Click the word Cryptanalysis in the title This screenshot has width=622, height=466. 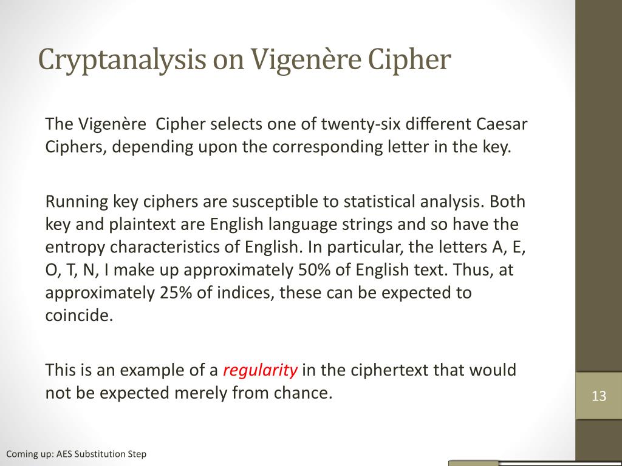pyautogui.click(x=122, y=60)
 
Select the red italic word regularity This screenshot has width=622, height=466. pyautogui.click(x=260, y=371)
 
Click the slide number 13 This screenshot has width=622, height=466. pyautogui.click(x=598, y=396)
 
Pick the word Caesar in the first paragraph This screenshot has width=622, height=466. pyautogui.click(x=502, y=124)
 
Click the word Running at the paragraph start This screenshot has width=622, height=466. pyautogui.click(x=77, y=202)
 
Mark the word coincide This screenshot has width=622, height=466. pyautogui.click(x=79, y=316)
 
